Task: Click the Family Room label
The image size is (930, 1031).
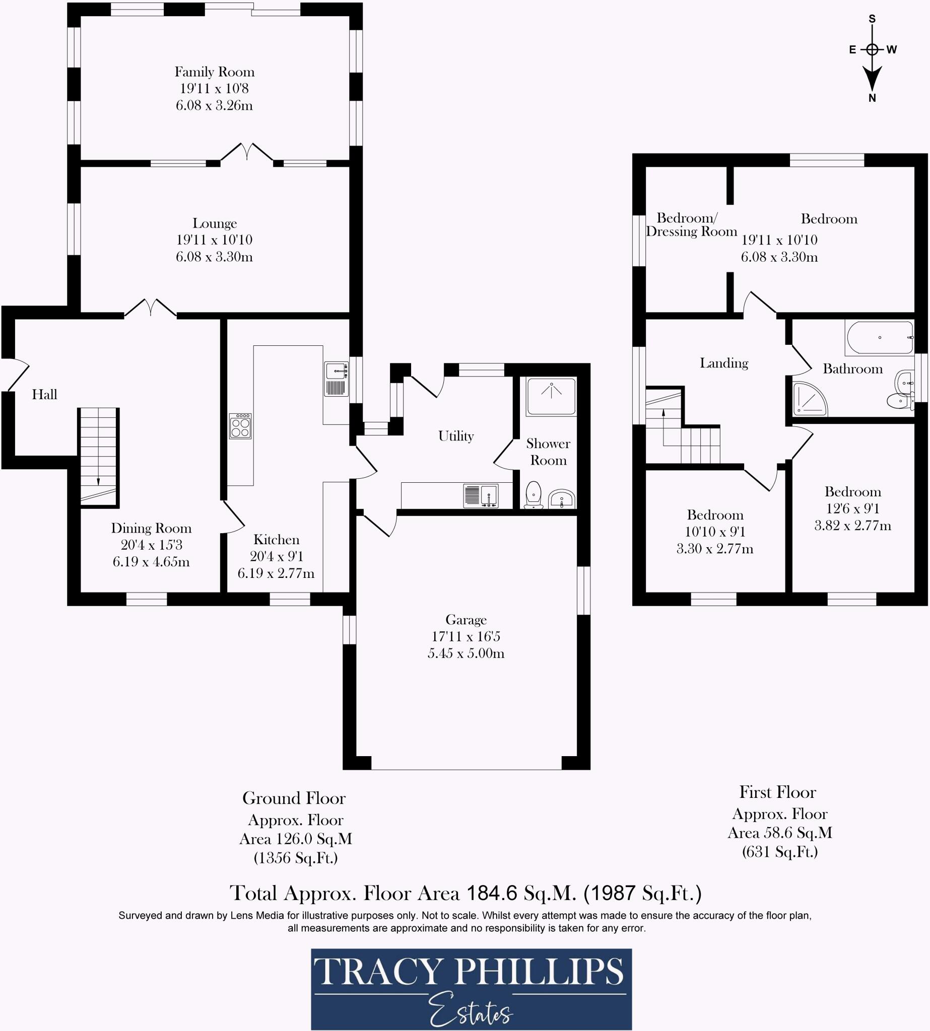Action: pyautogui.click(x=214, y=72)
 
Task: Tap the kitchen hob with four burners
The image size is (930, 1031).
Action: pyautogui.click(x=240, y=426)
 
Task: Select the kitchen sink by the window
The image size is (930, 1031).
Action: pyautogui.click(x=336, y=379)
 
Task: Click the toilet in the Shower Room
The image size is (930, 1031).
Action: pyautogui.click(x=534, y=494)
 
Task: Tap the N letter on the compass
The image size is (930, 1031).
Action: pyautogui.click(x=872, y=99)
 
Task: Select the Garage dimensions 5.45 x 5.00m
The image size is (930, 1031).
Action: pyautogui.click(x=466, y=653)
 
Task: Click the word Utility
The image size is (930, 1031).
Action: pyautogui.click(x=456, y=436)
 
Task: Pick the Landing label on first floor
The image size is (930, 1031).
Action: pyautogui.click(x=723, y=363)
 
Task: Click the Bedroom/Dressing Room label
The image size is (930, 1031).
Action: pyautogui.click(x=691, y=225)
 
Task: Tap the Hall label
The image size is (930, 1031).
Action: pyautogui.click(x=44, y=394)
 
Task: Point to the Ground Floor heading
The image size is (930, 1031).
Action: pyautogui.click(x=294, y=798)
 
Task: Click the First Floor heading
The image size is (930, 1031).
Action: pyautogui.click(x=777, y=792)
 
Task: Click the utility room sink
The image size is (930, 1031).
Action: pyautogui.click(x=481, y=495)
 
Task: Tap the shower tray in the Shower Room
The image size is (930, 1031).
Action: pyautogui.click(x=551, y=396)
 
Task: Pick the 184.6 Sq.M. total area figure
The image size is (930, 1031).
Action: pyautogui.click(x=521, y=893)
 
